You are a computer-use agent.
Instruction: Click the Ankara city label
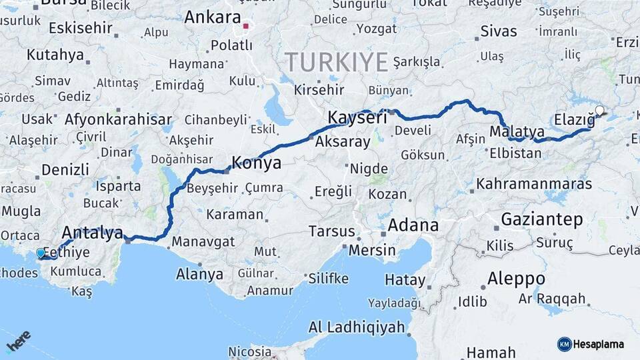212,17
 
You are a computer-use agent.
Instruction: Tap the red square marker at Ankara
246,27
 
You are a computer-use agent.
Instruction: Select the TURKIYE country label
337,62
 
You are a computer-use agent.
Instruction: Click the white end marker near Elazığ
599,111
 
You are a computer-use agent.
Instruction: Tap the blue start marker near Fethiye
41,253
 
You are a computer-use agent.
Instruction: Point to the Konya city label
256,163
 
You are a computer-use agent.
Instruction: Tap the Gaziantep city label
541,219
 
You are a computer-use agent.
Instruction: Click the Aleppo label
516,278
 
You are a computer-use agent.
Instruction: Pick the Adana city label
413,225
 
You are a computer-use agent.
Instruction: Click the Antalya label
92,233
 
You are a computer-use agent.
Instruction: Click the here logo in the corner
19,341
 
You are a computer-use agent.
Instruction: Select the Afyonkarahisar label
114,120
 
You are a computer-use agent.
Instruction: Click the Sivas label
499,31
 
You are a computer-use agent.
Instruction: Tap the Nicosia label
250,351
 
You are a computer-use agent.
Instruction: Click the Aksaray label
342,142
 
